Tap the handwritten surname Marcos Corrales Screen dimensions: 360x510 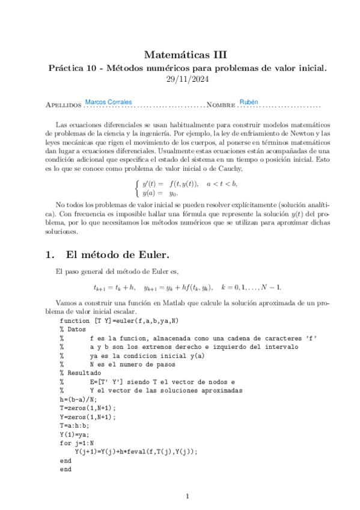[109, 102]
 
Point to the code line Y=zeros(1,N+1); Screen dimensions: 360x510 [89, 416]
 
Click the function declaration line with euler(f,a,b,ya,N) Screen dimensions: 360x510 [115, 322]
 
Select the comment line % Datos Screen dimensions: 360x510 [74, 330]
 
